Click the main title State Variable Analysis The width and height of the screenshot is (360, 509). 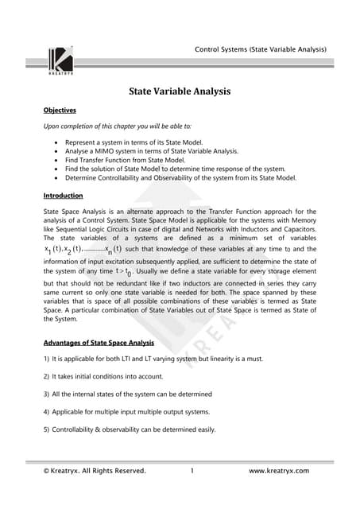tap(180, 91)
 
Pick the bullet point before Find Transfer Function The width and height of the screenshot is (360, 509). tap(56, 160)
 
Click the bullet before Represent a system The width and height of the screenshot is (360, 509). tap(56, 142)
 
